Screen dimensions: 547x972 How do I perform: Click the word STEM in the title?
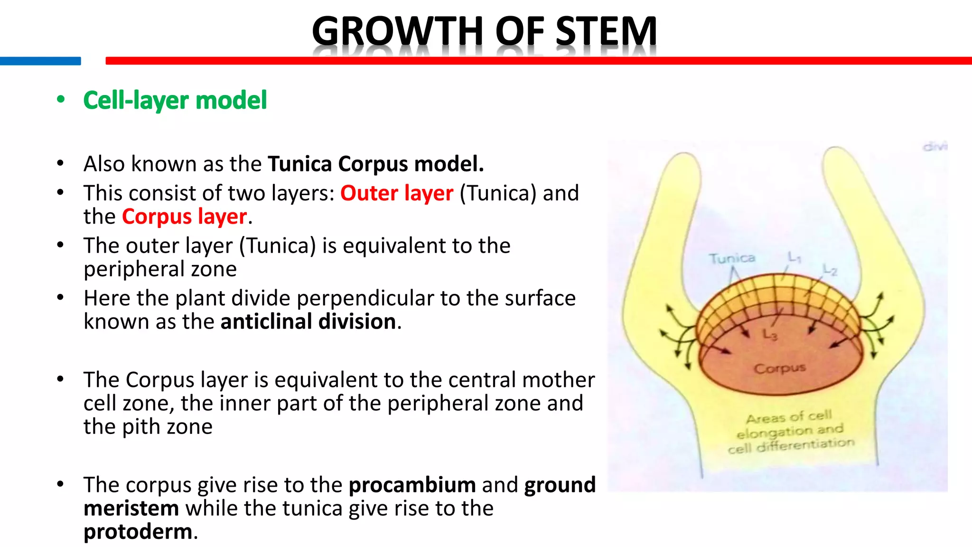click(606, 31)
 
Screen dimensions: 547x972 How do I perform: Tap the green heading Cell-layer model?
click(175, 100)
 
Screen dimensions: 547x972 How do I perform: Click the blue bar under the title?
click(40, 61)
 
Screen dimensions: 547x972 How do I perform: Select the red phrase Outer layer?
click(397, 193)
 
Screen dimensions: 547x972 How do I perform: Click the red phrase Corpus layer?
click(184, 217)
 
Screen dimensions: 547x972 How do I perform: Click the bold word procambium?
click(412, 485)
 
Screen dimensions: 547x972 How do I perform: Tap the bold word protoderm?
click(138, 531)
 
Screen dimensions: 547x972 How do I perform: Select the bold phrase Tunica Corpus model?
click(375, 164)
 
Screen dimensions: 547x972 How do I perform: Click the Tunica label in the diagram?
click(732, 258)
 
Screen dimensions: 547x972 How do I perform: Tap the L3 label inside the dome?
click(770, 335)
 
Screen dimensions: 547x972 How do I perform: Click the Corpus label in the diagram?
click(780, 368)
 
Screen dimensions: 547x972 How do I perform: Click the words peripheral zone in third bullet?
click(160, 269)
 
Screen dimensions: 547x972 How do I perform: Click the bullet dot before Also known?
click(60, 164)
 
